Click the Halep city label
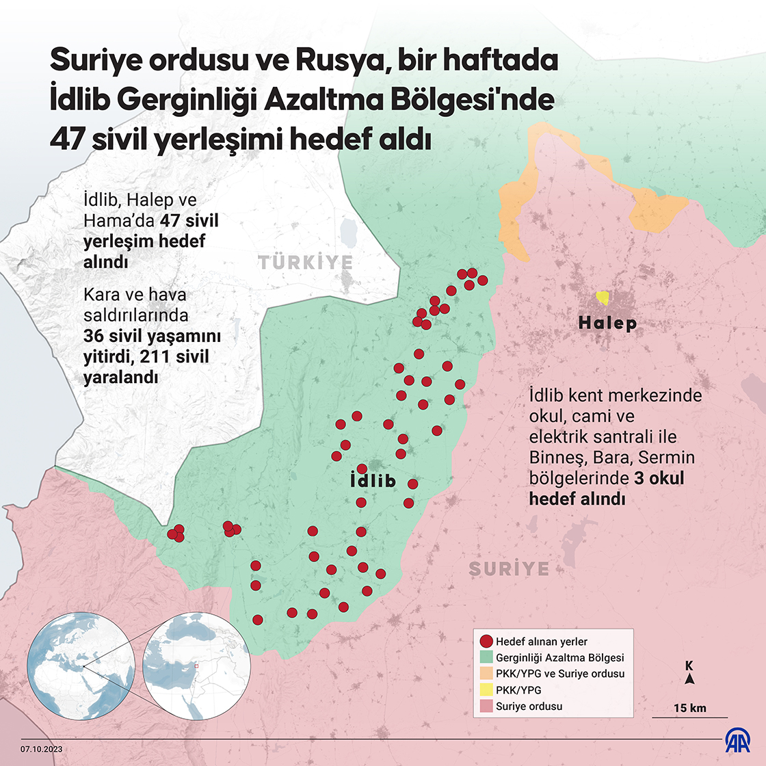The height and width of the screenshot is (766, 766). pos(607,323)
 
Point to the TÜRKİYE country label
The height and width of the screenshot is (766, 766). pos(306,263)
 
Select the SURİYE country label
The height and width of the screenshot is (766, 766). pos(510,568)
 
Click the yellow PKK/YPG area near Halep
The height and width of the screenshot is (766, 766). pos(603,298)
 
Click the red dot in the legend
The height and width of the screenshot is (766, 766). pos(486,642)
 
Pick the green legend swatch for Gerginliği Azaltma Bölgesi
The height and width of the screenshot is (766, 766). pos(486,657)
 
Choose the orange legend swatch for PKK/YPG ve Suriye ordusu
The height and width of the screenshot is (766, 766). pos(486,674)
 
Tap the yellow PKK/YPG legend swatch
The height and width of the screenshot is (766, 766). pos(486,690)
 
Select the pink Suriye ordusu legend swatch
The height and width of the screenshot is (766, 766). pos(486,706)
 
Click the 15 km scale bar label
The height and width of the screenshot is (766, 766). pos(689,708)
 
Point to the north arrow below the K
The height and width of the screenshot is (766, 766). pos(690,679)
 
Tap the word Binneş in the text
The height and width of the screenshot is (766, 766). pos(553,457)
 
